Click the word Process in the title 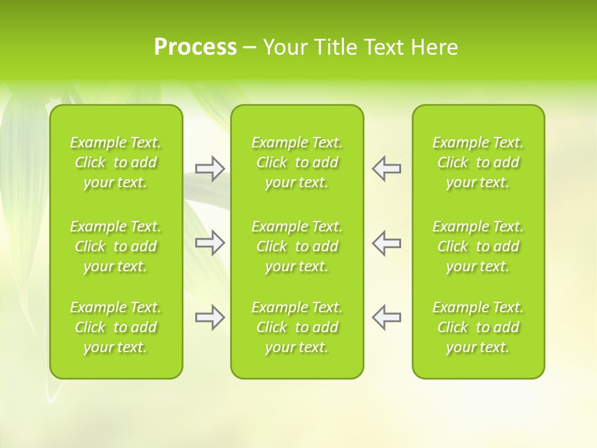tap(195, 47)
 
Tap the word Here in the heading tap(435, 47)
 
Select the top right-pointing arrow tap(210, 169)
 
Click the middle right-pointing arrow tap(210, 243)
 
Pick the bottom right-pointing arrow tap(210, 317)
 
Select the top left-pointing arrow tap(387, 169)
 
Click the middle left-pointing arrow tap(387, 243)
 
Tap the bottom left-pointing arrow tap(387, 317)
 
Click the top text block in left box tap(116, 162)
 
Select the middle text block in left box tap(116, 246)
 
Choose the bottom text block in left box tap(116, 327)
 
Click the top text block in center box tap(297, 162)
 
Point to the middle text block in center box tap(297, 246)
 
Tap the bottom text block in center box tap(297, 327)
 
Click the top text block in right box tap(478, 162)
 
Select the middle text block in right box tap(478, 246)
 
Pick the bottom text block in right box tap(478, 327)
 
